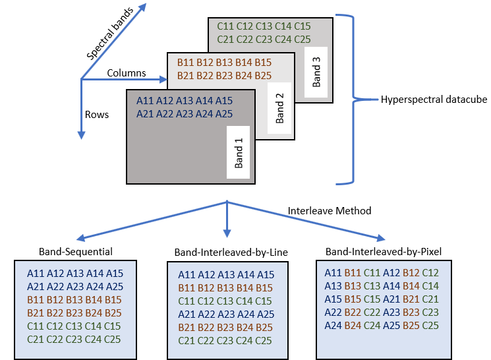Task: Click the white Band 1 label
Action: tap(239, 153)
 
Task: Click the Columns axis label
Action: tap(127, 73)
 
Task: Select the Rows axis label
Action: tap(96, 114)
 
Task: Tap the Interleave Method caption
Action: tap(330, 211)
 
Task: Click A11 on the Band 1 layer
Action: tap(146, 101)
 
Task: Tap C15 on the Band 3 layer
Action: tap(302, 26)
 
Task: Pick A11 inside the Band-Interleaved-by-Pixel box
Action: tap(333, 272)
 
